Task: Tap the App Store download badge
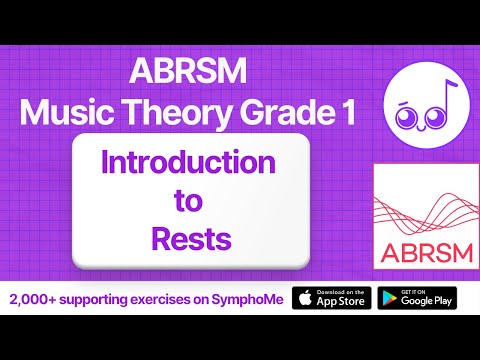(330, 299)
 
